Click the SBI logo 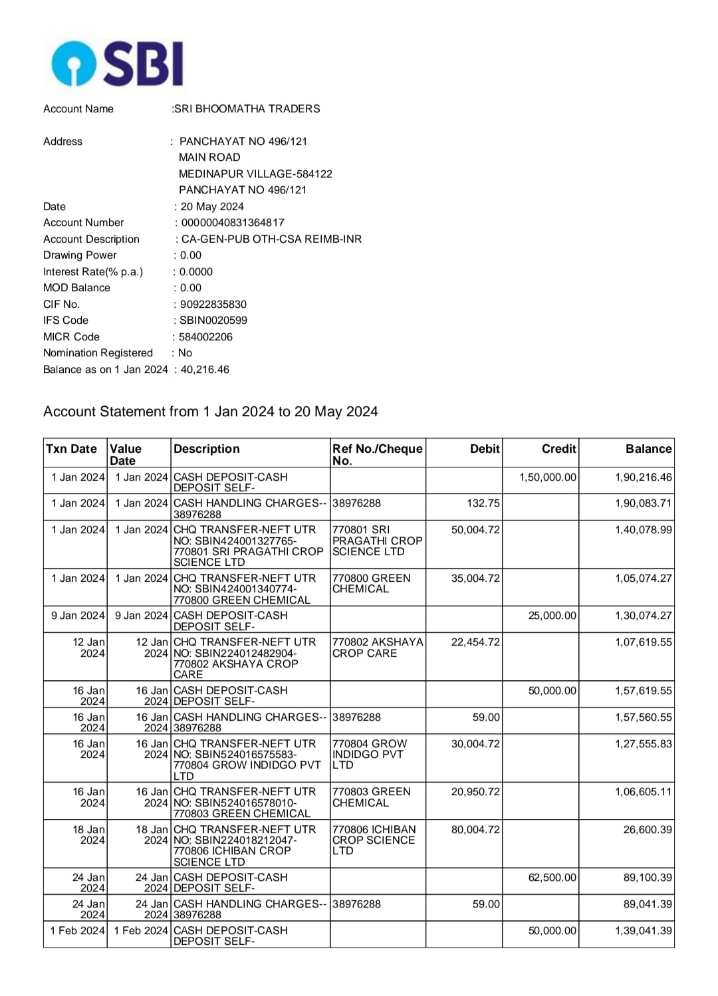[x=117, y=63]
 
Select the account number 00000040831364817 [x=233, y=223]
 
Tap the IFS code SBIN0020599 [x=213, y=320]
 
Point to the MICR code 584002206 [x=206, y=337]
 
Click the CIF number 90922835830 [x=213, y=305]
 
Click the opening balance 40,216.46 [x=205, y=370]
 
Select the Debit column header [x=485, y=449]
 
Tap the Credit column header [x=558, y=449]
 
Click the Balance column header [x=648, y=449]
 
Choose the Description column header [x=207, y=449]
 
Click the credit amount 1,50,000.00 [x=548, y=477]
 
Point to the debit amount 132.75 [x=483, y=503]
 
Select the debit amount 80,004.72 [x=475, y=830]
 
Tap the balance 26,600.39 [x=648, y=830]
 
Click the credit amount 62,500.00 [x=552, y=878]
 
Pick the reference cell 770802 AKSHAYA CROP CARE [x=377, y=648]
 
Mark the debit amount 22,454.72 [x=475, y=642]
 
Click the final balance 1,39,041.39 [x=643, y=931]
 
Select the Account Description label [x=92, y=239]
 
